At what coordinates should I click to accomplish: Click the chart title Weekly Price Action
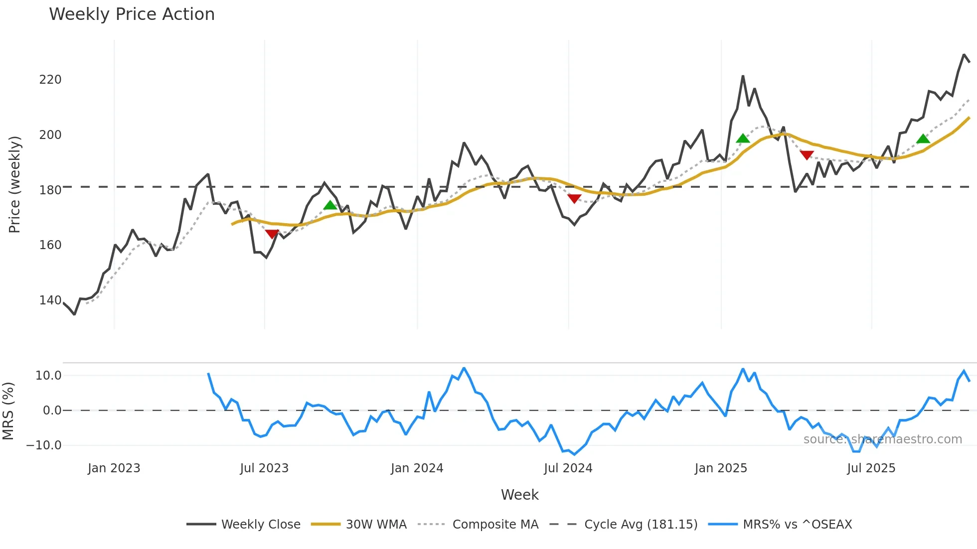(x=132, y=14)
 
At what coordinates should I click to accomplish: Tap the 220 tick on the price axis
(x=50, y=80)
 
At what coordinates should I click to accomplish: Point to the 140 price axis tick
(x=50, y=300)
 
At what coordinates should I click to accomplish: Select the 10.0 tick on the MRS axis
(x=48, y=376)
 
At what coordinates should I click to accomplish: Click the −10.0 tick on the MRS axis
(x=44, y=445)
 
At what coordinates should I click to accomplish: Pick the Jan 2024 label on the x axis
(x=417, y=468)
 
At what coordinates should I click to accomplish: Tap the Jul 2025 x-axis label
(x=871, y=468)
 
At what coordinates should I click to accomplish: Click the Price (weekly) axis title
(x=15, y=184)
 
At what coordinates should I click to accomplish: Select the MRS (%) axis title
(x=8, y=411)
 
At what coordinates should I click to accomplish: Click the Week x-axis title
(x=519, y=495)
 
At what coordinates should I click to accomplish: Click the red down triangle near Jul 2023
(x=272, y=234)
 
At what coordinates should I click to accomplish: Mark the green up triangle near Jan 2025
(x=743, y=138)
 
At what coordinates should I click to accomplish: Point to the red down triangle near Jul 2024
(x=574, y=199)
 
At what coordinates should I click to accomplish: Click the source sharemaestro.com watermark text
(x=882, y=439)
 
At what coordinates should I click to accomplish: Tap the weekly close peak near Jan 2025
(x=743, y=76)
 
